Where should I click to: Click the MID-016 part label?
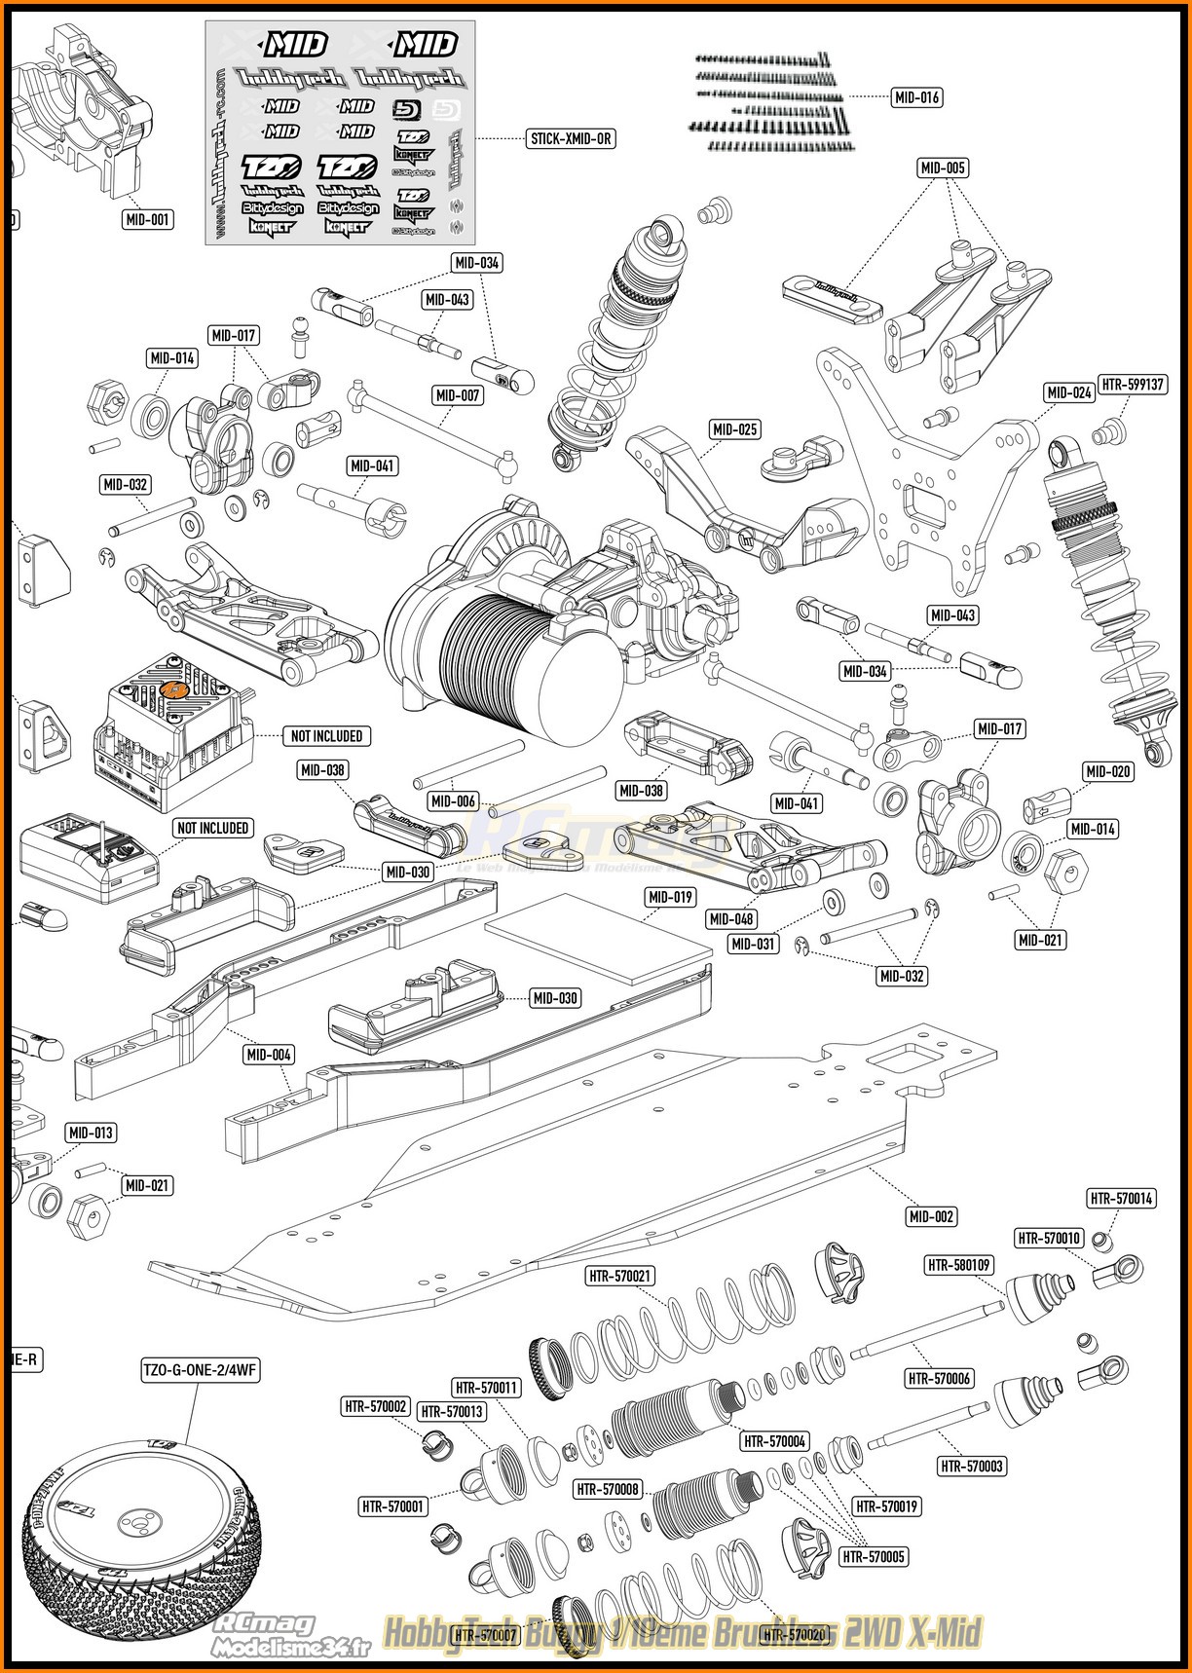pos(916,97)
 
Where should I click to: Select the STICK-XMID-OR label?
pos(571,138)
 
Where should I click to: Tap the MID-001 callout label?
pos(148,220)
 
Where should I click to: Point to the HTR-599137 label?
pos(1132,384)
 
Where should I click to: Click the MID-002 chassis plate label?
pos(931,1216)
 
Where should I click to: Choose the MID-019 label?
pos(670,897)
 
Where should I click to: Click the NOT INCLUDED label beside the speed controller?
pos(326,736)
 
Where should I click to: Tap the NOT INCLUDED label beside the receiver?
pos(212,828)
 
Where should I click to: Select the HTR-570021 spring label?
pos(620,1276)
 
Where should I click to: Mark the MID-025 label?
pos(734,429)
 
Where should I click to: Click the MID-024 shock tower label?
pos(1068,393)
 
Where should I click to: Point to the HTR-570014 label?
pos(1122,1199)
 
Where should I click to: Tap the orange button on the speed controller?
pos(176,689)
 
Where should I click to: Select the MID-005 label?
pos(943,168)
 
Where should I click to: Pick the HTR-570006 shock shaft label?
pos(939,1378)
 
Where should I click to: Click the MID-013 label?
pos(91,1133)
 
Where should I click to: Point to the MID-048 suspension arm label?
pos(732,918)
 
